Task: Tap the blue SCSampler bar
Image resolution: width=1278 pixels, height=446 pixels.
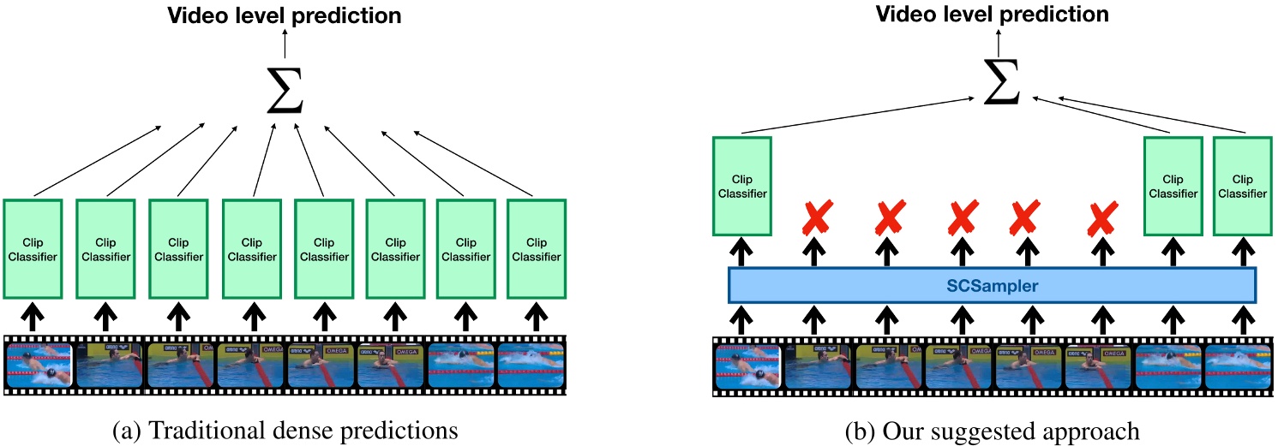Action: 992,285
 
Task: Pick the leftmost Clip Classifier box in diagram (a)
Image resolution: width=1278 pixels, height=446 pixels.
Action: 33,248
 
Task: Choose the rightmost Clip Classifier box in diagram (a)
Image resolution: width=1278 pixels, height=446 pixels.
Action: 536,248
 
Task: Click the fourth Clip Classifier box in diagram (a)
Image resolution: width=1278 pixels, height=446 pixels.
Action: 251,248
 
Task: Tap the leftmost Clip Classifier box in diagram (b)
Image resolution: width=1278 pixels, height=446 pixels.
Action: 742,186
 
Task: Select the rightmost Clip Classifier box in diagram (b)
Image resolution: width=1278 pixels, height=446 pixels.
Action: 1243,186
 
